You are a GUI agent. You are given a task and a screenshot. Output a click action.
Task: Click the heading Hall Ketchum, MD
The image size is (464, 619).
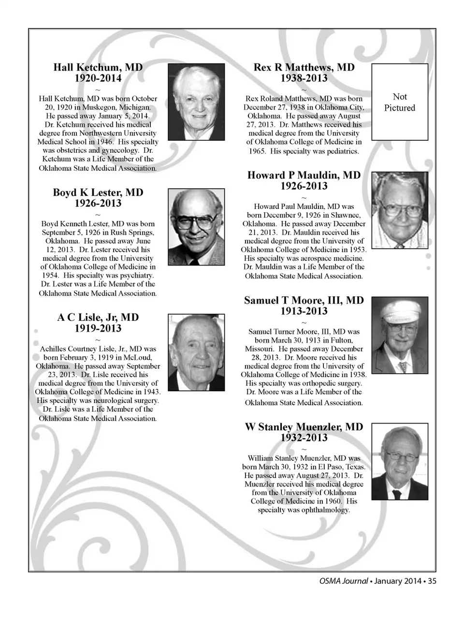click(98, 67)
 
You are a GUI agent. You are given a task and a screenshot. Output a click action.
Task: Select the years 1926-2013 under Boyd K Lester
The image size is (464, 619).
click(98, 203)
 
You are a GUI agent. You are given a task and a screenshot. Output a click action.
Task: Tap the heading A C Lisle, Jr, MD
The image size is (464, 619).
click(98, 317)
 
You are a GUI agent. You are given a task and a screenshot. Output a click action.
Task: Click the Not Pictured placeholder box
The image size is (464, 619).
click(399, 102)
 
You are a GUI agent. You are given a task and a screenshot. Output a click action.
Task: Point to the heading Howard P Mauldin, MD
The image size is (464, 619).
click(304, 175)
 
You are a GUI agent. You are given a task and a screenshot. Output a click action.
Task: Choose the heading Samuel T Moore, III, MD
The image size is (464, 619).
click(304, 300)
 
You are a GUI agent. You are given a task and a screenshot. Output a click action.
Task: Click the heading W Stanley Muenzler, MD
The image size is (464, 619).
click(304, 427)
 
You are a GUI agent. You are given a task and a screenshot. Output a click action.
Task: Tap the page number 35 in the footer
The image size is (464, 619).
click(432, 581)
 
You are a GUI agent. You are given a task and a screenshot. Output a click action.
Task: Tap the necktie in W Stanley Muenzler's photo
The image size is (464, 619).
click(397, 494)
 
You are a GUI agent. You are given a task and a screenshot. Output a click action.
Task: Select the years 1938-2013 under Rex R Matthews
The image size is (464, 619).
click(304, 78)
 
